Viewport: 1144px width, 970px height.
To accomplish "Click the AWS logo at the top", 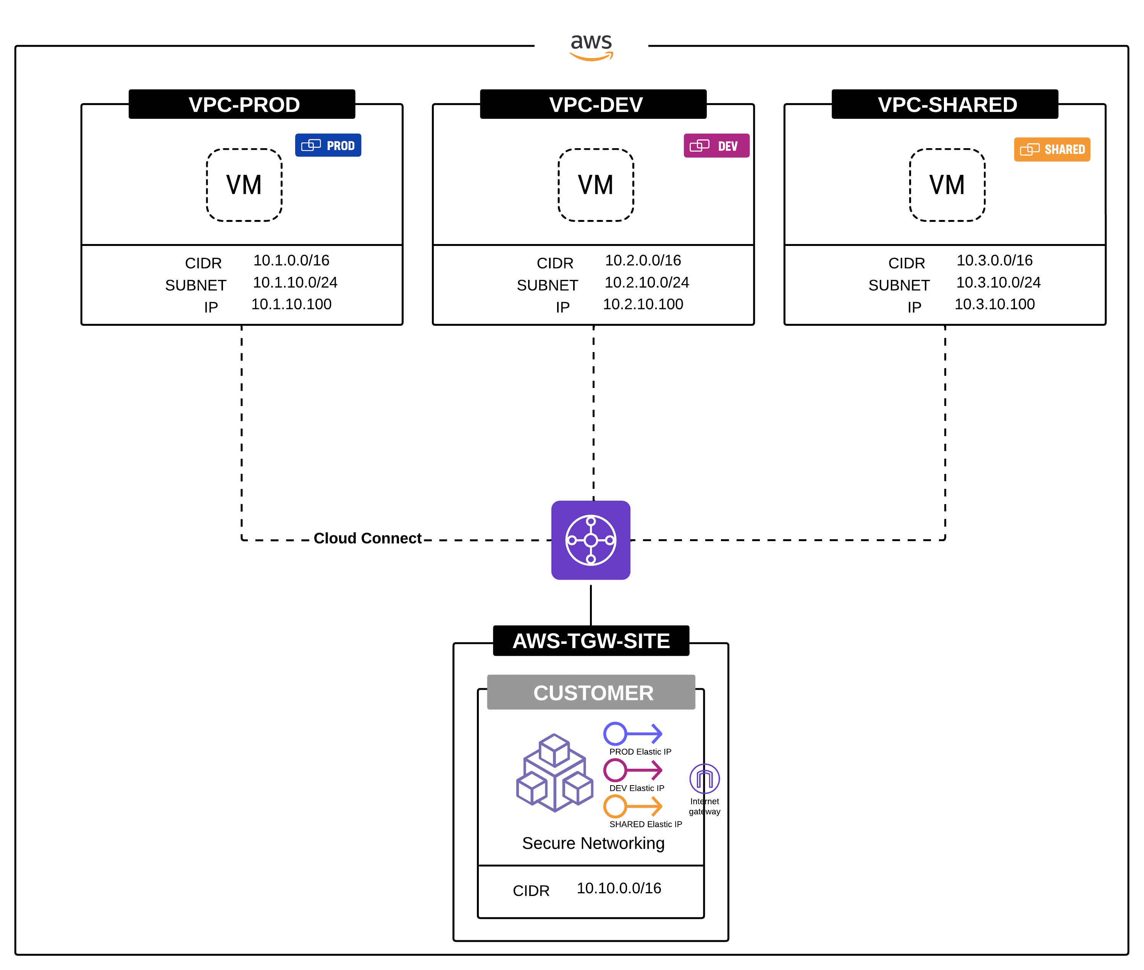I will click(591, 46).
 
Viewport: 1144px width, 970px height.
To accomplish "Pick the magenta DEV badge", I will click(716, 146).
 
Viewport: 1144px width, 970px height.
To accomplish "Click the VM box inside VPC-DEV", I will click(596, 185).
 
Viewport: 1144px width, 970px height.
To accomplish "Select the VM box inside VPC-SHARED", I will click(947, 185).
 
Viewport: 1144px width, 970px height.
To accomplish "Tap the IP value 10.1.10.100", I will click(291, 304).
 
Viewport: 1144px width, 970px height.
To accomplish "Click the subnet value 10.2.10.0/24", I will click(646, 282).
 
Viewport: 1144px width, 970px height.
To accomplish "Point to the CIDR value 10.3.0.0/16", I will click(994, 260).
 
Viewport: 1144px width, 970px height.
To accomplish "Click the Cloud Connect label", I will click(367, 538).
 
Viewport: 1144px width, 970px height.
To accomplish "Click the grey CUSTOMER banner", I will click(591, 693).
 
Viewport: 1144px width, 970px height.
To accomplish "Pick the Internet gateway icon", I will click(704, 779).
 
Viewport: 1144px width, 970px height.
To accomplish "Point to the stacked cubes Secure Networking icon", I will click(554, 773).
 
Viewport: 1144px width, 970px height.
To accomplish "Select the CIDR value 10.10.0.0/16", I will click(619, 888).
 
